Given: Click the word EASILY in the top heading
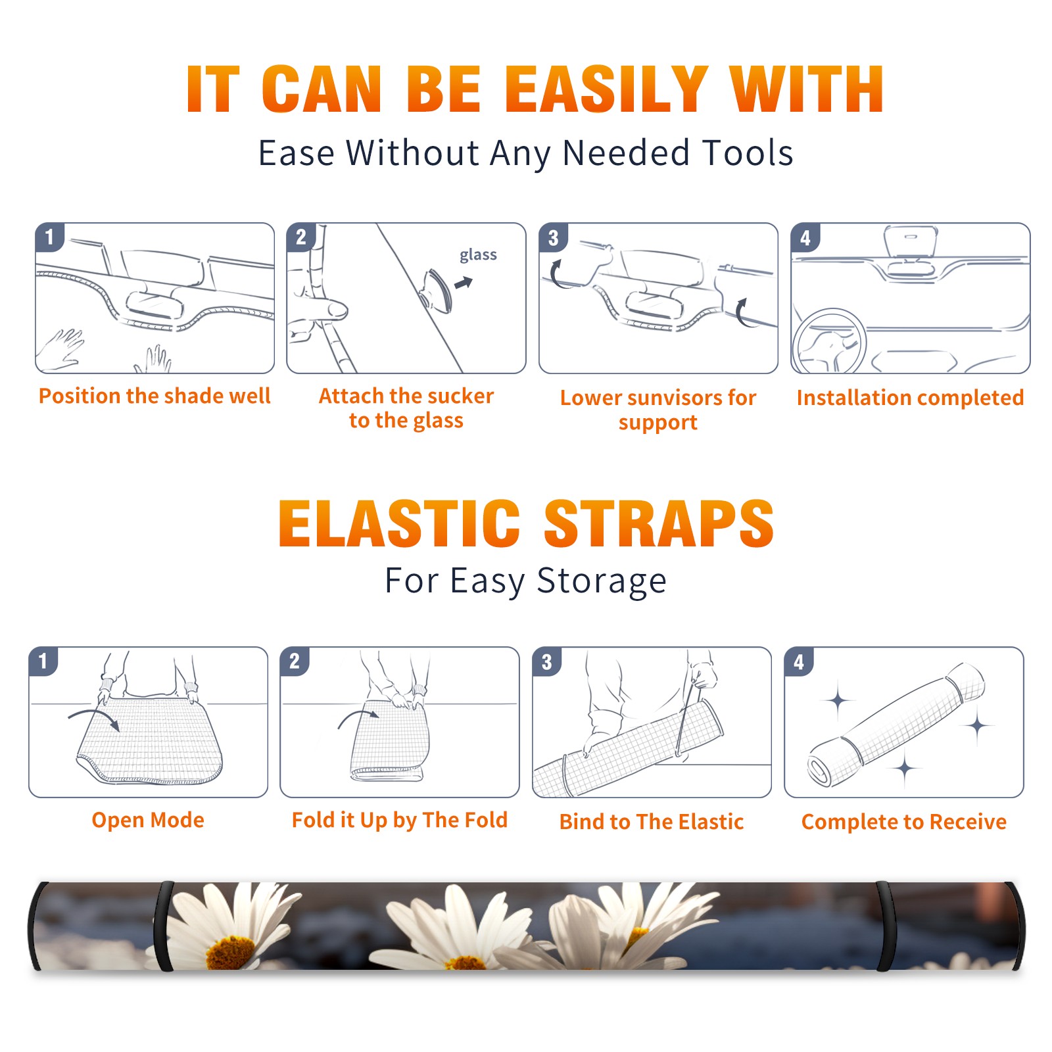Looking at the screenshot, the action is (x=606, y=89).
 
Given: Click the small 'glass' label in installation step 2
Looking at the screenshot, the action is (x=478, y=255).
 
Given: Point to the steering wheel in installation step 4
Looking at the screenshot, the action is (x=830, y=341).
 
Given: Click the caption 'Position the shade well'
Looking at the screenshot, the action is (x=155, y=396).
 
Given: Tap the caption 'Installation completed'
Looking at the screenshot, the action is (x=910, y=398).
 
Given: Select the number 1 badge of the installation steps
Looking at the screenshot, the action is (x=49, y=237).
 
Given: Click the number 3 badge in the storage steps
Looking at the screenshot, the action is (x=546, y=661).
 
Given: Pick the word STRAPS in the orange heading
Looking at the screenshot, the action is (x=659, y=523).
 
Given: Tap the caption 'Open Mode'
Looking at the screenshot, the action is (x=148, y=821).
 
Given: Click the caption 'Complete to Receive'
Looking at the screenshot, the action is (x=904, y=822).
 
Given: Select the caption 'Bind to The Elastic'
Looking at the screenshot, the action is (x=652, y=822).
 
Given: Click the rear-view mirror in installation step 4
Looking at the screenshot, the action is (x=911, y=242).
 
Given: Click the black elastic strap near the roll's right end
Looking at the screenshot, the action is (x=885, y=926).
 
